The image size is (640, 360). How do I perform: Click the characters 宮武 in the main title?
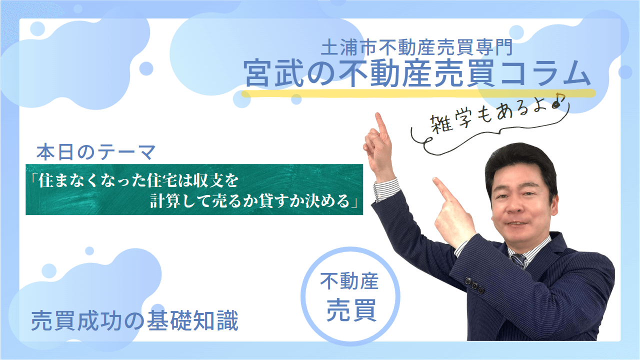tap(273, 73)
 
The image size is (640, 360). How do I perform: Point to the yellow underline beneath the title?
tap(418, 93)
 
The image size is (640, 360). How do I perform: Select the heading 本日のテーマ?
tap(96, 152)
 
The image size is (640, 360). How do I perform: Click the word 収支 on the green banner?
tap(207, 180)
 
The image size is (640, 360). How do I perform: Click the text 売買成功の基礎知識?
tap(134, 320)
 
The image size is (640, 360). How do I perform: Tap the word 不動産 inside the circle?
tap(349, 281)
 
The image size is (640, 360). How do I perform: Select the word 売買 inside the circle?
tap(351, 310)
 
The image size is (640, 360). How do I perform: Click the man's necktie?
tap(518, 260)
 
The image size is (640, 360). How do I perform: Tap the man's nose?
tap(514, 206)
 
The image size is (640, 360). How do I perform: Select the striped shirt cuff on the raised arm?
tap(386, 189)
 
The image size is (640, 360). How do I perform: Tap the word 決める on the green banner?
tap(328, 201)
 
